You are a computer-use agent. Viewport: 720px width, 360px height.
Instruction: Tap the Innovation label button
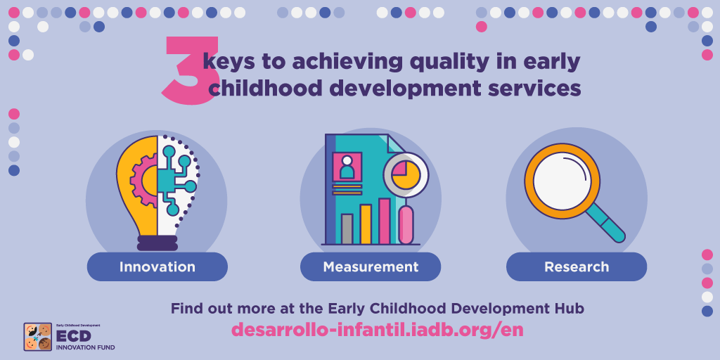(157, 266)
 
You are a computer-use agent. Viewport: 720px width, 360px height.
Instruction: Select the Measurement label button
(371, 266)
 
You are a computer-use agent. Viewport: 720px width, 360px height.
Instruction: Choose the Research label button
(577, 266)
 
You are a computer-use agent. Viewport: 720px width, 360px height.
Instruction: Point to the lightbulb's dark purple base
(157, 243)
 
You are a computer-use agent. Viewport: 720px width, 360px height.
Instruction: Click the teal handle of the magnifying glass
(605, 223)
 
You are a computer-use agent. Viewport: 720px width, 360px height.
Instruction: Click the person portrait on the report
(347, 167)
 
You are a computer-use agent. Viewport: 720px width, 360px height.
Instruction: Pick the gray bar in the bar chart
(347, 229)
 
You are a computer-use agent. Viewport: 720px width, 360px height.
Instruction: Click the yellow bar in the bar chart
(366, 224)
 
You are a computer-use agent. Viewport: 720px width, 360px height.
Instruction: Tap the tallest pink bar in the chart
(385, 221)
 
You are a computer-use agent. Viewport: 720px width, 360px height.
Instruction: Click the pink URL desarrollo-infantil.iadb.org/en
(377, 330)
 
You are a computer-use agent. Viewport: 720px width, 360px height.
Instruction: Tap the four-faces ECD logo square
(38, 337)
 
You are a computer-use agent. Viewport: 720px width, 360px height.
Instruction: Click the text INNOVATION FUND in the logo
(85, 347)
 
